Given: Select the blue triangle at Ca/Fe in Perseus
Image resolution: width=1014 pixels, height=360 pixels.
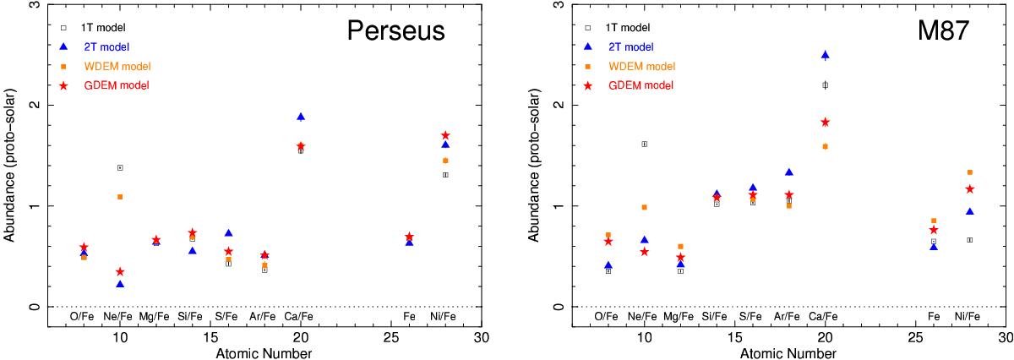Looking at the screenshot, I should pos(301,117).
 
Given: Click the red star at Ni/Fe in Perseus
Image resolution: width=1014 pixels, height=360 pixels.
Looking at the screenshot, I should pos(445,135).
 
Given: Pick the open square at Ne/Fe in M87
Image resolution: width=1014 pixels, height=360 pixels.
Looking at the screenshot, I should pos(644,144).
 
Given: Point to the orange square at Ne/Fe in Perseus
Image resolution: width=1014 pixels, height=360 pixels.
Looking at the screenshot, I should pos(120,197).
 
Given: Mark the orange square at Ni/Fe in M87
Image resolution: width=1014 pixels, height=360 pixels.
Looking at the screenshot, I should pos(969,172).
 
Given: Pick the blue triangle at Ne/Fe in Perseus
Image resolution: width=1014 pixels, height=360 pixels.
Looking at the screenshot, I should pos(120,285).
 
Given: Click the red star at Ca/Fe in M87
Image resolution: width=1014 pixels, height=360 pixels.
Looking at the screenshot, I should pos(826,122).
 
